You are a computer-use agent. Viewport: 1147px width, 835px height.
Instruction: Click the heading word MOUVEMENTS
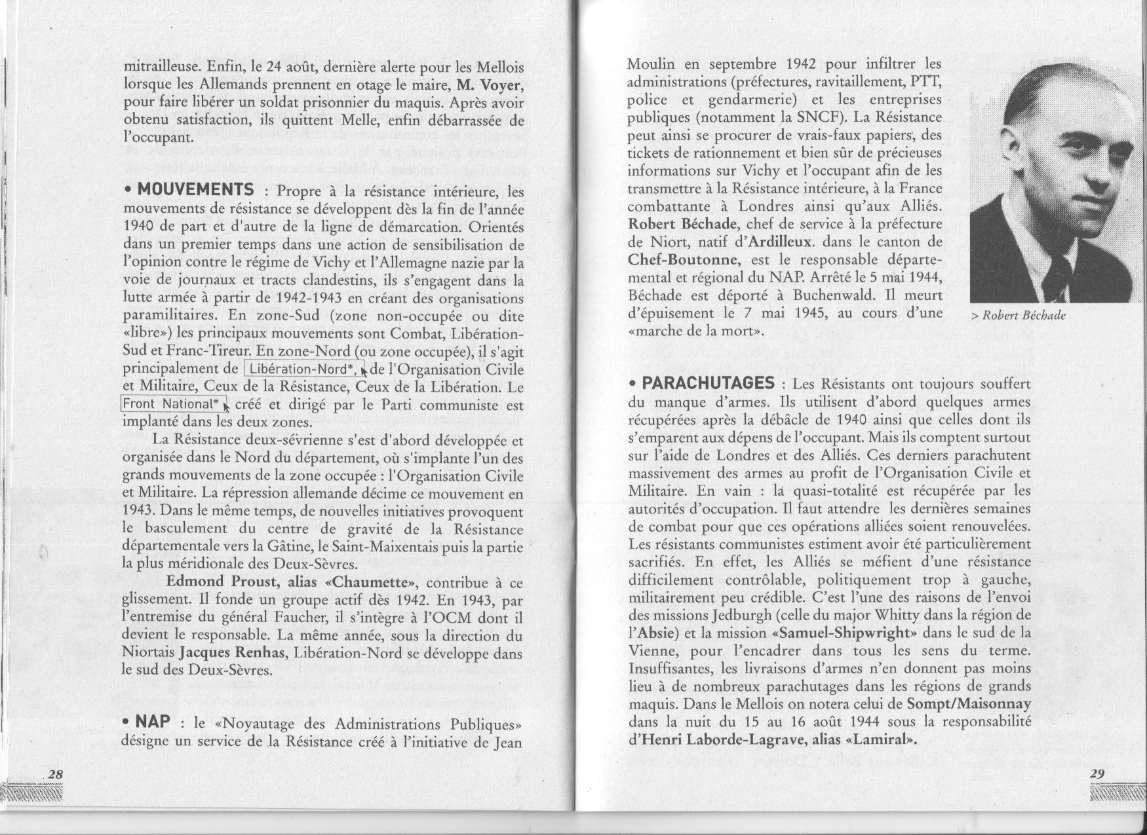[x=196, y=190]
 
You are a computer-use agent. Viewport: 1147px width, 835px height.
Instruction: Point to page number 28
[x=56, y=774]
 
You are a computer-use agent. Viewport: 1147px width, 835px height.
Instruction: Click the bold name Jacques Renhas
[x=224, y=653]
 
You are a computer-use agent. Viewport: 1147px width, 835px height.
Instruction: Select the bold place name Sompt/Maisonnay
[x=969, y=704]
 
